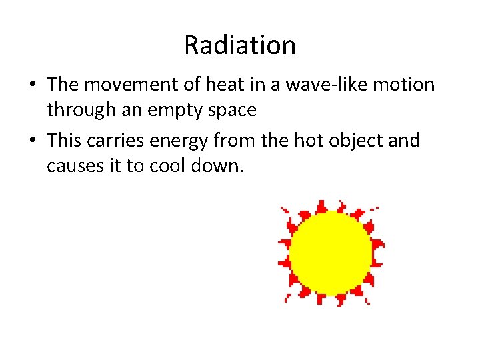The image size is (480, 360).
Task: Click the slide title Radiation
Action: point(240,45)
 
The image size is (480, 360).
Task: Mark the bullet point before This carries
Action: point(32,141)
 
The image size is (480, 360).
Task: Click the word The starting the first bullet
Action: point(63,85)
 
